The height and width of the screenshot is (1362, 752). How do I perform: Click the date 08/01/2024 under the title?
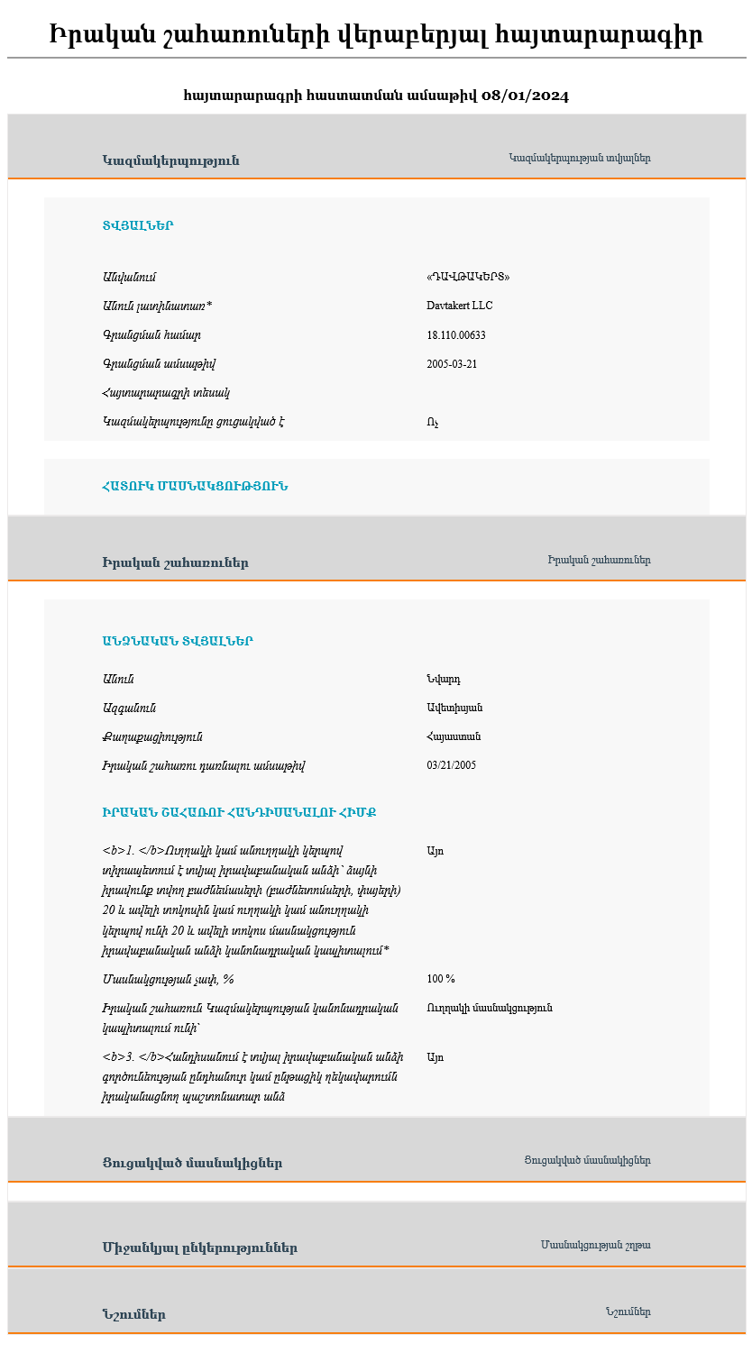(525, 96)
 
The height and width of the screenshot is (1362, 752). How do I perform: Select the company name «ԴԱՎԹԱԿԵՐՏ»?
(461, 277)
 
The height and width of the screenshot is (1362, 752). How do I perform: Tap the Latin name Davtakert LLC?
(460, 306)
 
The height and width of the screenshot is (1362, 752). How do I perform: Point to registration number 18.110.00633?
(456, 334)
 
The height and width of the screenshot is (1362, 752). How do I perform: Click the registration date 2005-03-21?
(452, 364)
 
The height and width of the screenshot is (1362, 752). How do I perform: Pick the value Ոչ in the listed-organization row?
(433, 422)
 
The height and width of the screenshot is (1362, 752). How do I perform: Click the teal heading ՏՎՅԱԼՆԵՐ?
(138, 226)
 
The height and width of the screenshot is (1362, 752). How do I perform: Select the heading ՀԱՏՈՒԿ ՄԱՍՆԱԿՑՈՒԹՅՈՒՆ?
(195, 487)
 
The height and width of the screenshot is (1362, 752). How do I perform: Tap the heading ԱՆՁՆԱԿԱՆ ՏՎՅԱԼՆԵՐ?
(178, 642)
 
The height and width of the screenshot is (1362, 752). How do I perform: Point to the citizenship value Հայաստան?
(454, 736)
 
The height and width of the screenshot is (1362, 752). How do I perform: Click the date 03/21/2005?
(452, 765)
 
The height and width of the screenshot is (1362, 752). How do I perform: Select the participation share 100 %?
(441, 979)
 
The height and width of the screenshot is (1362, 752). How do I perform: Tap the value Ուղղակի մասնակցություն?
(490, 1008)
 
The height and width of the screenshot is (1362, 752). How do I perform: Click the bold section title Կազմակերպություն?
(170, 160)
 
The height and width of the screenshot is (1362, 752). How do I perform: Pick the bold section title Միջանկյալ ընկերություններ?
(199, 1248)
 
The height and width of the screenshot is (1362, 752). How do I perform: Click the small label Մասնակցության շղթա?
(595, 1245)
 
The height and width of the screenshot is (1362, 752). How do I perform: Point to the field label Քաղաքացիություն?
(152, 736)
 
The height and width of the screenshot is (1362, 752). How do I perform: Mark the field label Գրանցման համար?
(151, 334)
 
